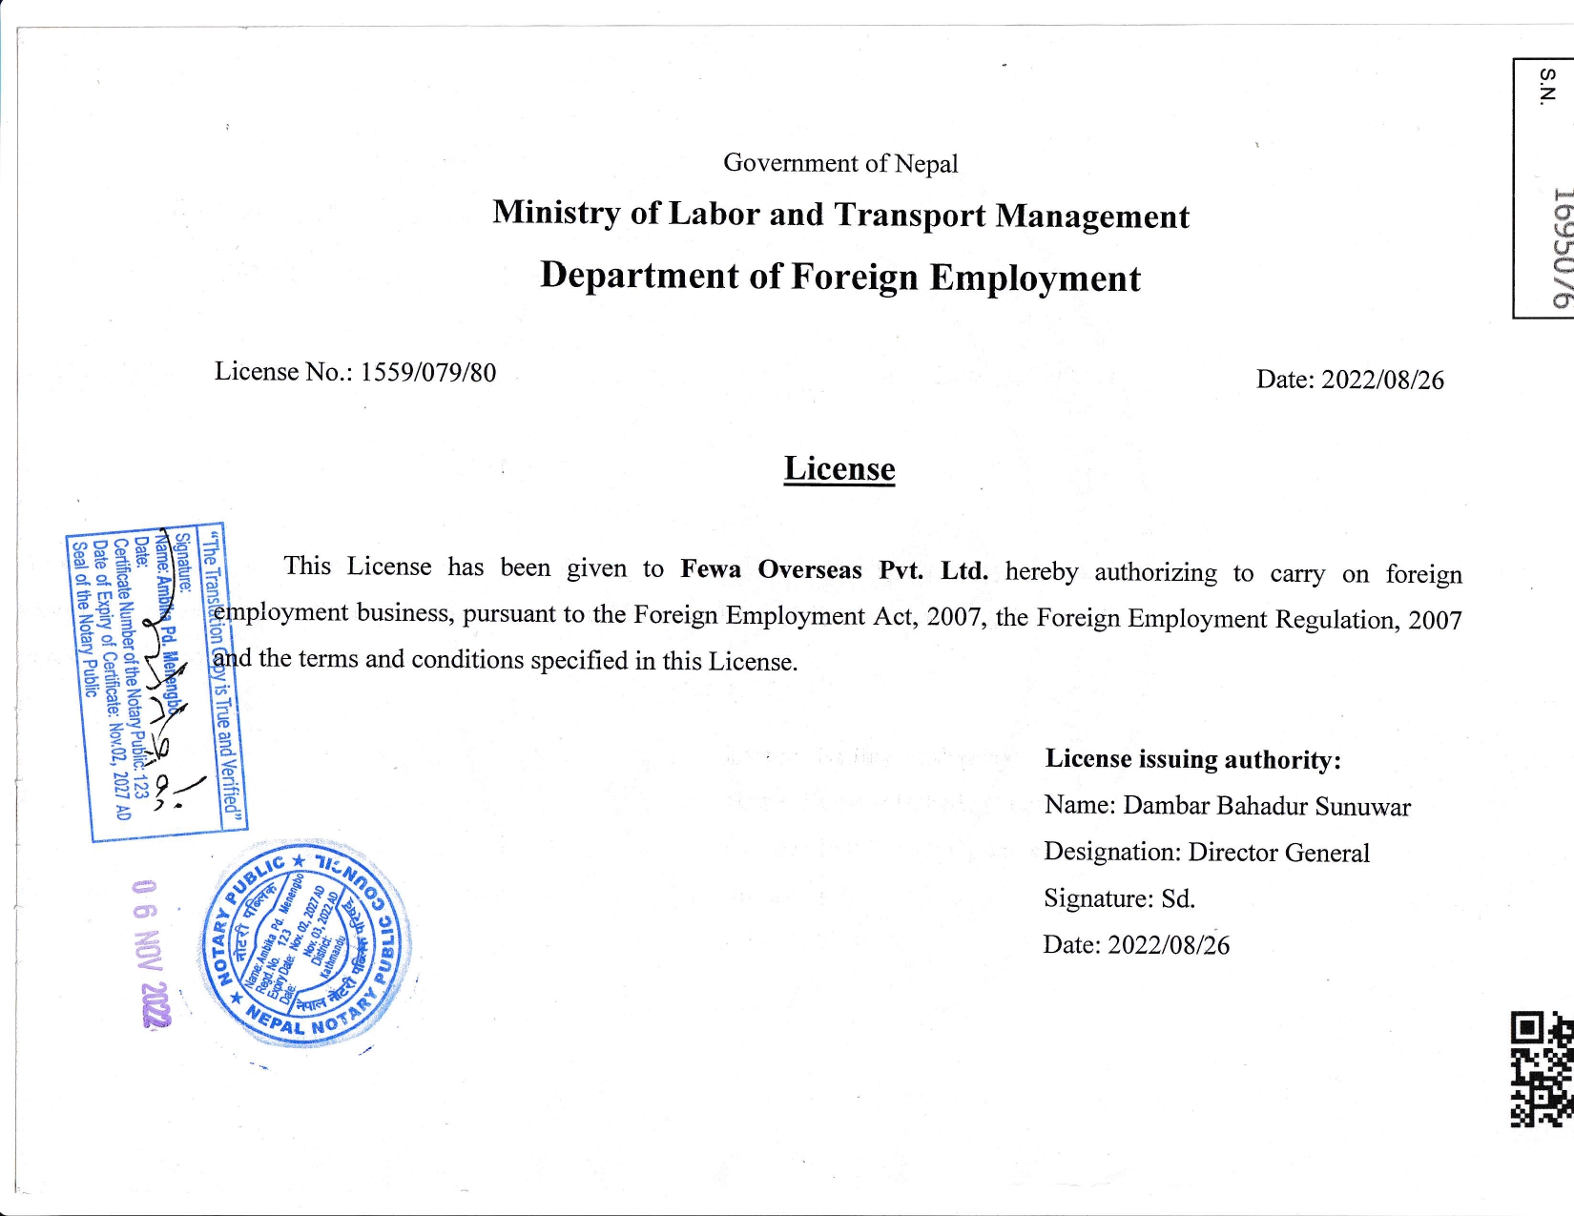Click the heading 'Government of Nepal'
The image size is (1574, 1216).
(x=840, y=163)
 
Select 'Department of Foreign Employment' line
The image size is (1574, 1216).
(x=839, y=277)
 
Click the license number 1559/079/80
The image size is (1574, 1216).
(x=428, y=372)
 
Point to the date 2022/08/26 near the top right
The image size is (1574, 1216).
(x=1382, y=380)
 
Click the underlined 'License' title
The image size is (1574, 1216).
(x=839, y=468)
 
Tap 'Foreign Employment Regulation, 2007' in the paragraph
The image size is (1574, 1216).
(x=1249, y=619)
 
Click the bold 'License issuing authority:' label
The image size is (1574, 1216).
(x=1192, y=759)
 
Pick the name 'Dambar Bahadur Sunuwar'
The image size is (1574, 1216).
(x=1266, y=806)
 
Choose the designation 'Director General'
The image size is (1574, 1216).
(x=1278, y=853)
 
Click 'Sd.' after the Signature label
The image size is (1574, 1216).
(x=1178, y=898)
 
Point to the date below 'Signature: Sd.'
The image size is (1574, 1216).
(x=1169, y=945)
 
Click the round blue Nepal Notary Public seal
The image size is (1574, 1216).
(x=305, y=944)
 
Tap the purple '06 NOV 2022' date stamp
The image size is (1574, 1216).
(x=151, y=953)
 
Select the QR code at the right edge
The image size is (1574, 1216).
(x=1542, y=1068)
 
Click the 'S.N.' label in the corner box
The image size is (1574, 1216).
(x=1546, y=85)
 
